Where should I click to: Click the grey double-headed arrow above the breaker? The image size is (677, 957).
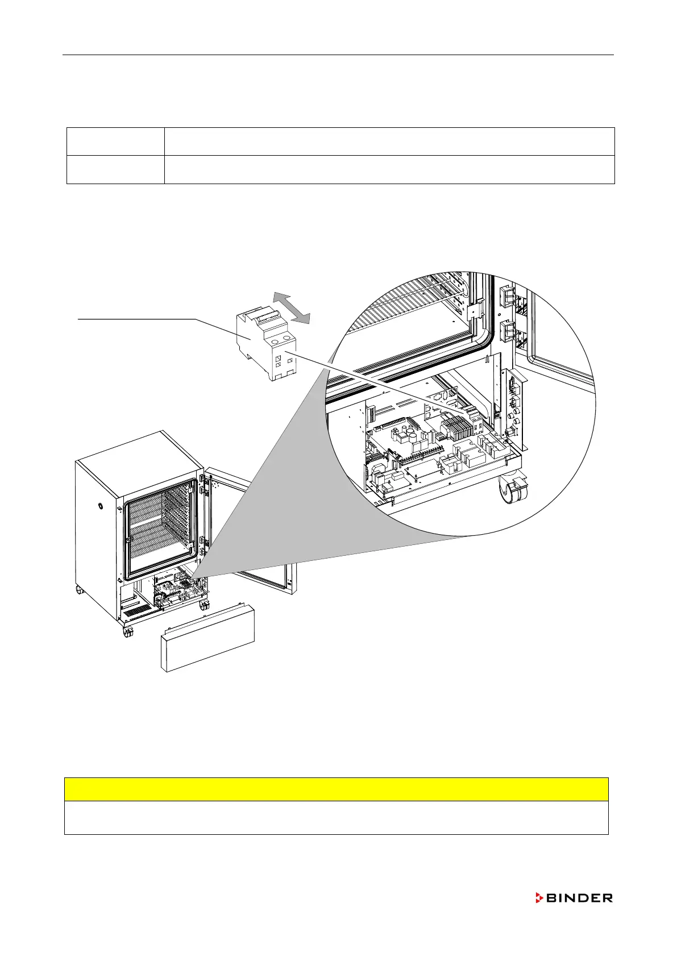[x=292, y=307]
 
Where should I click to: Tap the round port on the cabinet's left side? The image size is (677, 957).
[x=100, y=505]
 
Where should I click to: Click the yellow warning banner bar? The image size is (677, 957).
[x=336, y=789]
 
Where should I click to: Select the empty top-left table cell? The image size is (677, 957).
[x=115, y=142]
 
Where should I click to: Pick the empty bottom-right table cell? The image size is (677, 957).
[x=389, y=169]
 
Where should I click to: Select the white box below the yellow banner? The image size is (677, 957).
[x=336, y=818]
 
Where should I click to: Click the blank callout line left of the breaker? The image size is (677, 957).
[x=136, y=320]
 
